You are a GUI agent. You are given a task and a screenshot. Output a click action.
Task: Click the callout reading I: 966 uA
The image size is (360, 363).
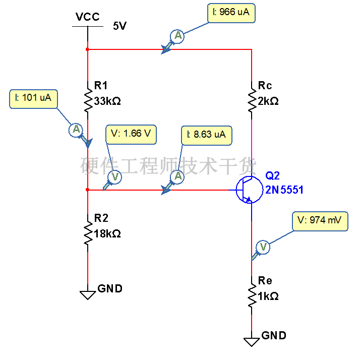(x=231, y=13)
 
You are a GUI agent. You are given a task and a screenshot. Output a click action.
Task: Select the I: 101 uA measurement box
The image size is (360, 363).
(x=33, y=99)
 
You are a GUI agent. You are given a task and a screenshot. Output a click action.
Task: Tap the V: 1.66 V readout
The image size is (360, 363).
(x=131, y=135)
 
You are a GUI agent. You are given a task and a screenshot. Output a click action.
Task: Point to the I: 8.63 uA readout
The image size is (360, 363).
(x=207, y=136)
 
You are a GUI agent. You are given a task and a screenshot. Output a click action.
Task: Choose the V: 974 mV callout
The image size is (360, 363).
(x=320, y=221)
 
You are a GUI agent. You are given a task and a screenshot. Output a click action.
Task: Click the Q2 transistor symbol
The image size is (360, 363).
(x=250, y=190)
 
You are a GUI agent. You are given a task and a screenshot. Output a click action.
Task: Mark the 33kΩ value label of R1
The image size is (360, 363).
(x=107, y=101)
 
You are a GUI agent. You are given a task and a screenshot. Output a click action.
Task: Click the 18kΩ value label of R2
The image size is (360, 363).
(x=107, y=234)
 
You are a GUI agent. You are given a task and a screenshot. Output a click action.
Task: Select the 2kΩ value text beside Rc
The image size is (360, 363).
(x=268, y=101)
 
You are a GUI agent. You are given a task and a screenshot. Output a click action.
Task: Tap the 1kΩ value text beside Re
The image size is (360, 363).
(x=268, y=296)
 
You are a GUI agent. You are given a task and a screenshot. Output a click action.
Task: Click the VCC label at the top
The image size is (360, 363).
(x=88, y=17)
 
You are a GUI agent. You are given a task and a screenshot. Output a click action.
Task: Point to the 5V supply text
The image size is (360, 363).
(x=119, y=26)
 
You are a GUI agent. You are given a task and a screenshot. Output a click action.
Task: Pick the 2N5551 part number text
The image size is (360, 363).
(x=284, y=190)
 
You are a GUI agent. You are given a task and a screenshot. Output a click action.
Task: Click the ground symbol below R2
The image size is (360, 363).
(x=88, y=295)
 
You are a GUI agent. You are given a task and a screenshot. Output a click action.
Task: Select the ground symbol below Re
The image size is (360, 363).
(x=252, y=342)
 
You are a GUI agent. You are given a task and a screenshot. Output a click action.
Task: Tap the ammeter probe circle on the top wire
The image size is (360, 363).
(x=177, y=36)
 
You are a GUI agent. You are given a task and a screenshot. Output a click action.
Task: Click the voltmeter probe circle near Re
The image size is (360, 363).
(x=263, y=247)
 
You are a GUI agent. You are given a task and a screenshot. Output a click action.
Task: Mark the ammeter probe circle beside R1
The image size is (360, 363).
(x=76, y=130)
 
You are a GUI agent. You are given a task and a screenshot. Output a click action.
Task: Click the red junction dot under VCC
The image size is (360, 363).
(x=87, y=49)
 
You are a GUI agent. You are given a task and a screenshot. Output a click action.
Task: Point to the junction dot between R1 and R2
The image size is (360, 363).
(x=87, y=190)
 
